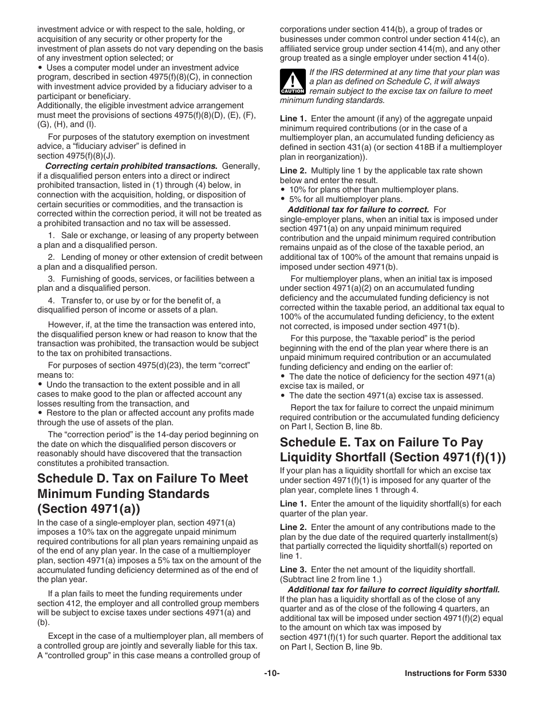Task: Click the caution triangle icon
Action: [292, 82]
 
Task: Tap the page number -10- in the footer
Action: [271, 674]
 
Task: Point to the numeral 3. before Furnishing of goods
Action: [52, 279]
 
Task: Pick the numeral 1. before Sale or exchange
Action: [52, 235]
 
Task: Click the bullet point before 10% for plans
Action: [283, 189]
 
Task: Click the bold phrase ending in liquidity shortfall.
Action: [393, 590]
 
